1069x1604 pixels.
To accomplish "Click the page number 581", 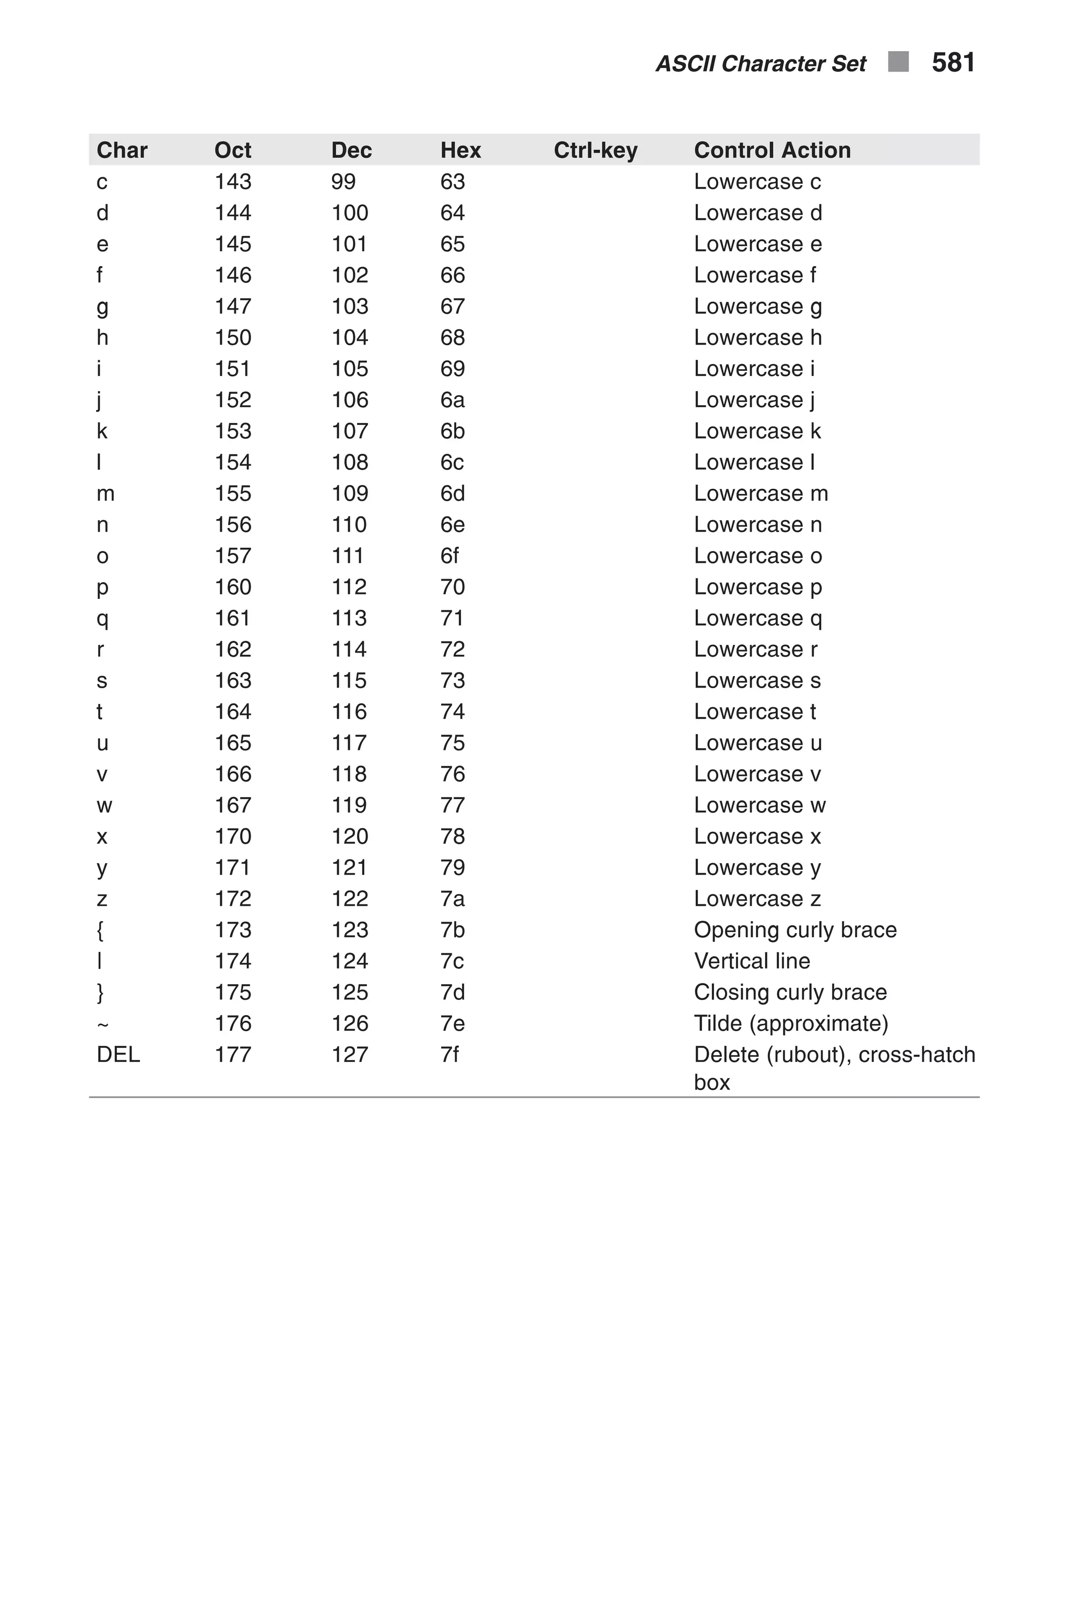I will (953, 63).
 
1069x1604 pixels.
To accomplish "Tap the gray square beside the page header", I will (898, 62).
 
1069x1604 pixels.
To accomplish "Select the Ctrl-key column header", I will (595, 150).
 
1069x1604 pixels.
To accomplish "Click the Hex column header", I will (460, 150).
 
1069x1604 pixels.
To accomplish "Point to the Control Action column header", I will (772, 150).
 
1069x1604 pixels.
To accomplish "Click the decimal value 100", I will (350, 213).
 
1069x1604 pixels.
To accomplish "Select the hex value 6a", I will (452, 399).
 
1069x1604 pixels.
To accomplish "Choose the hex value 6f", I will (449, 556).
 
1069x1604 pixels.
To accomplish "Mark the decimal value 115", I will (349, 681).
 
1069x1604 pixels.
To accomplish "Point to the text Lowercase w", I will (759, 806).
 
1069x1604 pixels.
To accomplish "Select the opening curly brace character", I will (100, 930).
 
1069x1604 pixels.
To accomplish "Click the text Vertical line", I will (752, 961).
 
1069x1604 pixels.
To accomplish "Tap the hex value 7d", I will (452, 992).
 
